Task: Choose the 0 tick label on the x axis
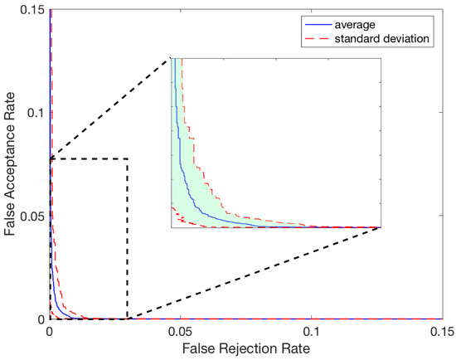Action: click(50, 331)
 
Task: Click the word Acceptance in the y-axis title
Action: click(11, 163)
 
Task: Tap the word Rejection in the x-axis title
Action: click(255, 348)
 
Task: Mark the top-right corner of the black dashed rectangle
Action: click(128, 158)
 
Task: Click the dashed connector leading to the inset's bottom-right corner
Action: click(249, 274)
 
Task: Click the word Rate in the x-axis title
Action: click(295, 348)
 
